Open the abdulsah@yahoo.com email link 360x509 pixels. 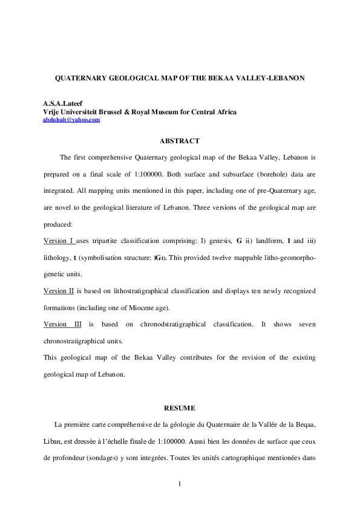pyautogui.click(x=71, y=120)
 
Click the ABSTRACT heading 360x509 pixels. pyautogui.click(x=180, y=141)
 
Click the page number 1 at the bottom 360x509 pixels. pyautogui.click(x=180, y=484)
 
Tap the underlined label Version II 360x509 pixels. pyautogui.click(x=59, y=291)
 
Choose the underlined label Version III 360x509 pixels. pyautogui.click(x=64, y=324)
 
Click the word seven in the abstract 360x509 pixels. pyautogui.click(x=307, y=324)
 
